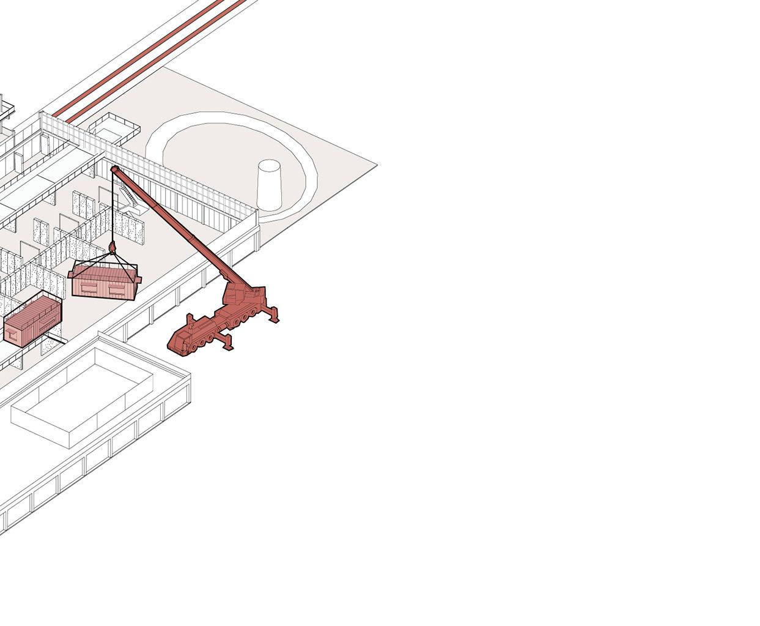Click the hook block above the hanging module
point(113,247)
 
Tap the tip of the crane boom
point(114,168)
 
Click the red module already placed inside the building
point(34,320)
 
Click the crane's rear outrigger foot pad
point(275,318)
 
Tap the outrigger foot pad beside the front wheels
point(227,347)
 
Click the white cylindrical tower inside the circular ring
point(269,185)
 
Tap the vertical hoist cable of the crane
point(113,208)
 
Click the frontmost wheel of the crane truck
point(194,347)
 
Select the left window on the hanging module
point(88,285)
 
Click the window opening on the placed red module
point(13,335)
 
